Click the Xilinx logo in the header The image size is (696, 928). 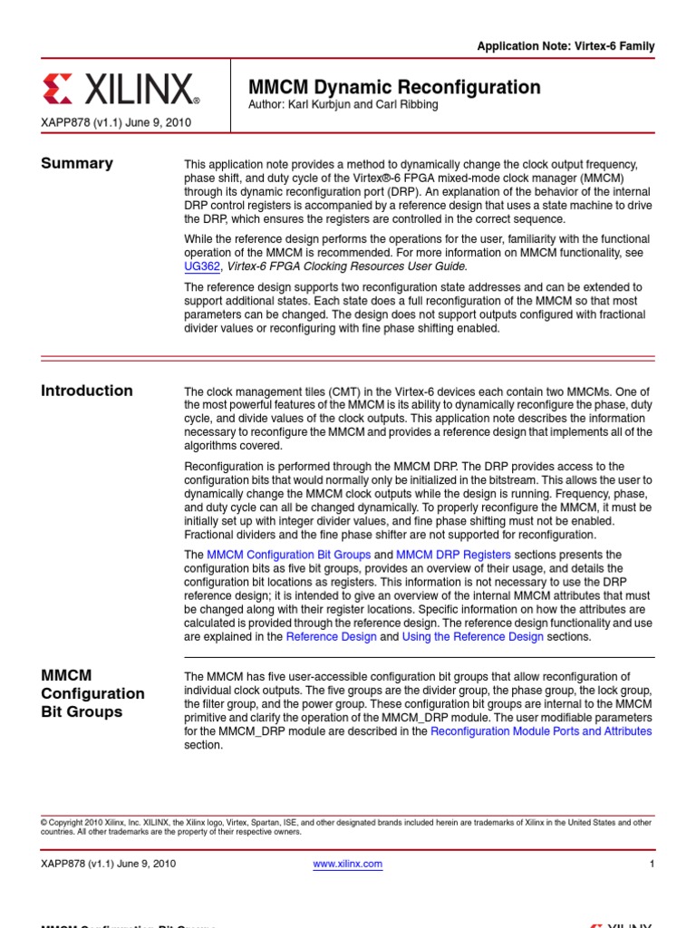click(x=121, y=90)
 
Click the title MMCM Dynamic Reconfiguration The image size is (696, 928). click(x=394, y=87)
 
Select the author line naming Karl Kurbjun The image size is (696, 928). click(x=343, y=104)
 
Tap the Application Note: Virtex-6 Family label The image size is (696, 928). click(x=565, y=46)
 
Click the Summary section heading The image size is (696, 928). click(x=77, y=163)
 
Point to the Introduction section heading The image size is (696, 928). click(x=87, y=391)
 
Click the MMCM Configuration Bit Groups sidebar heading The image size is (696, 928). click(x=92, y=693)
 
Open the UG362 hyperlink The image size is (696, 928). click(x=201, y=266)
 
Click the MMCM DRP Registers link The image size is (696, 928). click(x=453, y=555)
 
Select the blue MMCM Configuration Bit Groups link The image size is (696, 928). click(x=288, y=555)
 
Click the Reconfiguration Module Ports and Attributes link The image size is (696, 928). click(x=541, y=731)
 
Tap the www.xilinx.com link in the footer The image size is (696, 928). click(x=348, y=864)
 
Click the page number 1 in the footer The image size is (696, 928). click(x=652, y=864)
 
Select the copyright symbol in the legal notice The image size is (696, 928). click(x=43, y=822)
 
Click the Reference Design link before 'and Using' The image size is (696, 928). click(x=331, y=636)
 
